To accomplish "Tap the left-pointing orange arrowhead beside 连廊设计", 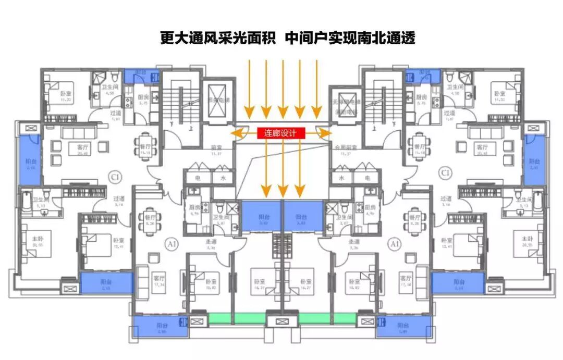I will [x=236, y=134].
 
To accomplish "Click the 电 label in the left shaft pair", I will [x=197, y=178].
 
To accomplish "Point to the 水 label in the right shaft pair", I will [x=342, y=178].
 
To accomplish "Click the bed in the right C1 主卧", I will [x=527, y=245].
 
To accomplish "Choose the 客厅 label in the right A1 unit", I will [x=404, y=278].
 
